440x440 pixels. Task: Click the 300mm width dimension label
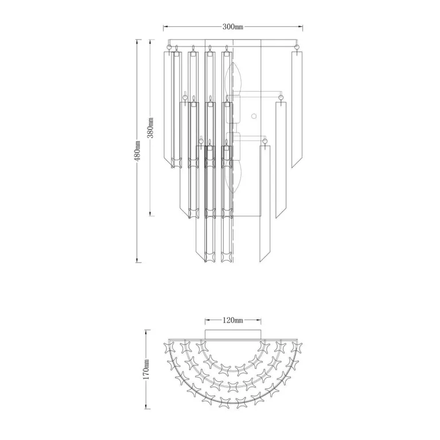tap(233, 26)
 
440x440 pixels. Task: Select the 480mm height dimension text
tap(137, 151)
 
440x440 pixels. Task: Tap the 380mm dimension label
tap(151, 128)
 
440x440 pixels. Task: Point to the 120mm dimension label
tap(233, 320)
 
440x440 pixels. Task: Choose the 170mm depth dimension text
tap(146, 369)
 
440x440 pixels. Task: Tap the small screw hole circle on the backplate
tap(254, 116)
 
